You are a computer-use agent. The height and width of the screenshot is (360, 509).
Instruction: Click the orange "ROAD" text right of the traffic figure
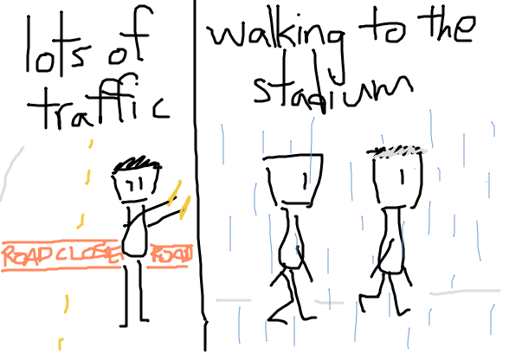click(x=171, y=255)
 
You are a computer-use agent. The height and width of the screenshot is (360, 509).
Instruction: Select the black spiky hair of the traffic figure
click(x=137, y=163)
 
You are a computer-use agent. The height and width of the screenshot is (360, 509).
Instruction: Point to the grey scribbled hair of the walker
click(x=396, y=151)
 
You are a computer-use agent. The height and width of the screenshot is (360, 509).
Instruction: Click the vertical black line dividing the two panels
click(x=200, y=176)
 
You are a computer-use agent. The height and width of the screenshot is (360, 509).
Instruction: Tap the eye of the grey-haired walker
click(x=402, y=177)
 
